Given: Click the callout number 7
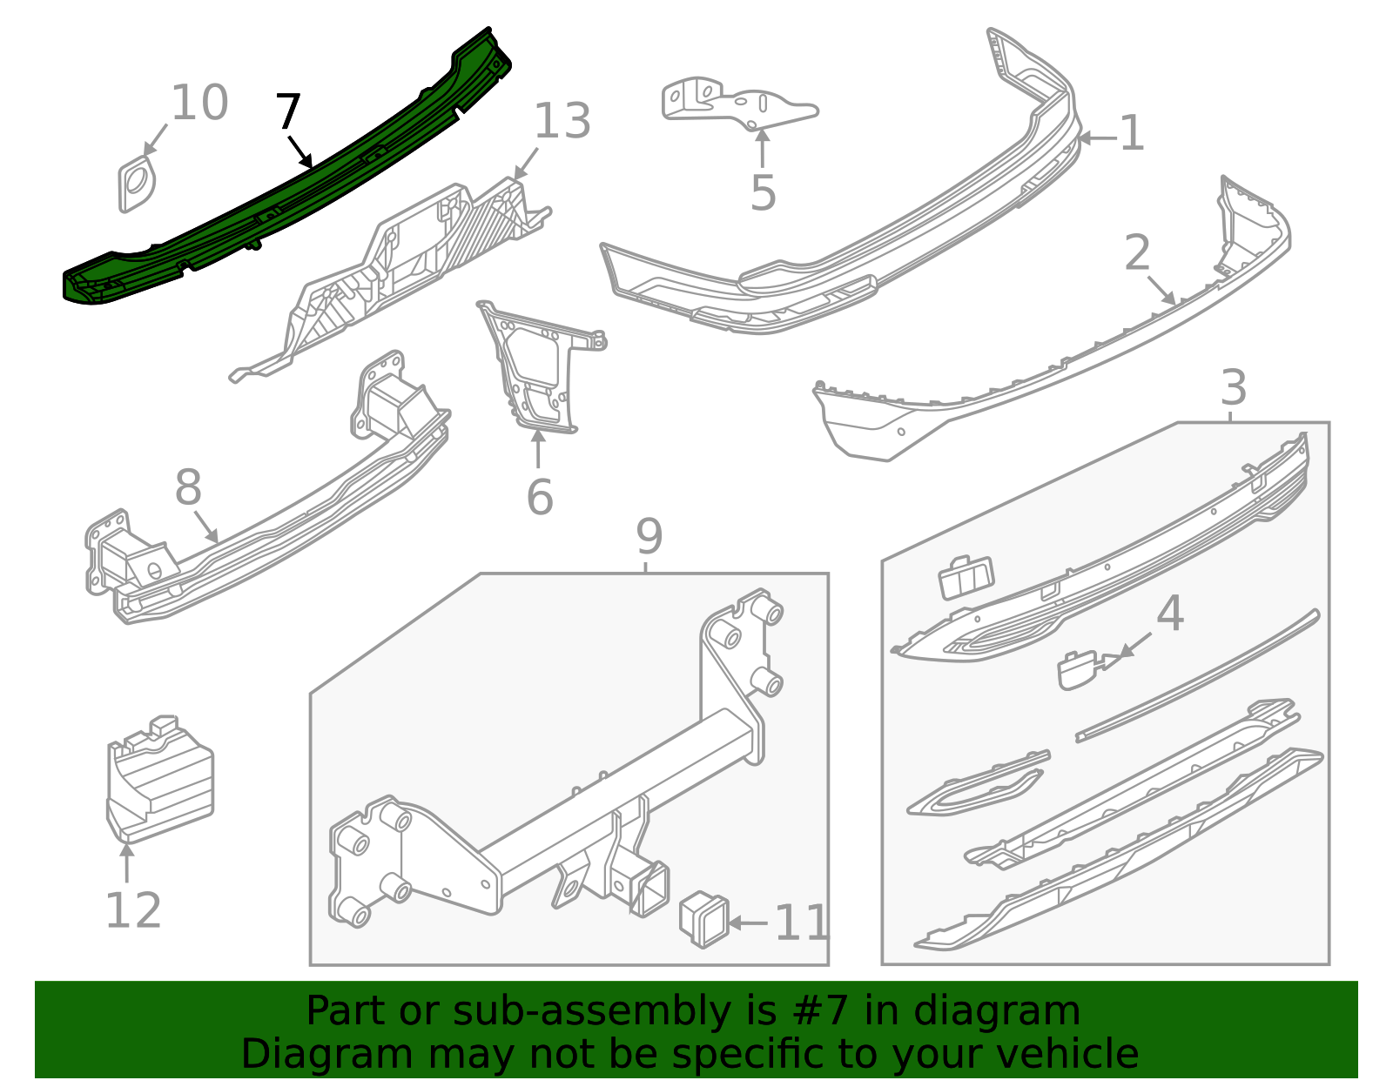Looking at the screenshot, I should click(288, 112).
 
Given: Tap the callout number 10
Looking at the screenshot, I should click(199, 104).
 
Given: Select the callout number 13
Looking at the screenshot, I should click(562, 122).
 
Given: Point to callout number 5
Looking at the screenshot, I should click(763, 193).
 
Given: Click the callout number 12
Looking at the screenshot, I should click(133, 911).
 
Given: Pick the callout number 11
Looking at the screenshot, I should click(801, 923).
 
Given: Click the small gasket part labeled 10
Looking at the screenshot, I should click(136, 184).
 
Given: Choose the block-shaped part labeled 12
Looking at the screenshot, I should click(159, 779).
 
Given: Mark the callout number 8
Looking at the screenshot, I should click(188, 488).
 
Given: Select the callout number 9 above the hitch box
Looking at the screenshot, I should click(649, 537).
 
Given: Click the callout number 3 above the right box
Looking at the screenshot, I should click(1233, 388).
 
